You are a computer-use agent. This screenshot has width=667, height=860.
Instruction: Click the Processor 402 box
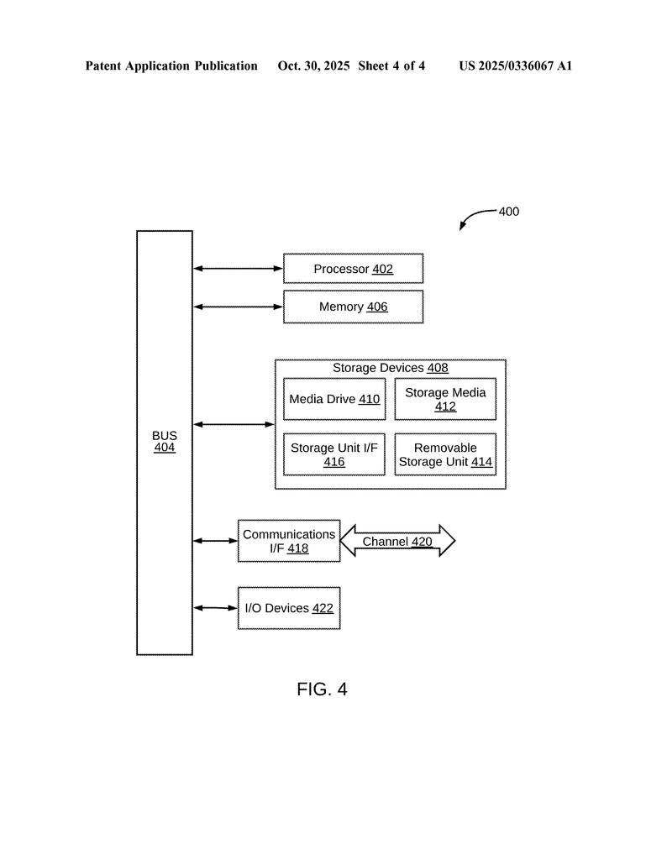(x=353, y=269)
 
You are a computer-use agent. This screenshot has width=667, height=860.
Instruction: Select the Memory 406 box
(x=353, y=307)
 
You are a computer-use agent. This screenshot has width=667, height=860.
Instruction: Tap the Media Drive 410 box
(x=334, y=400)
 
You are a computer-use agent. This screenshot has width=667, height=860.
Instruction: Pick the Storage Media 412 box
(x=445, y=400)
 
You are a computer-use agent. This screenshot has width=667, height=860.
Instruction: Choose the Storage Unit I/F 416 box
(x=334, y=454)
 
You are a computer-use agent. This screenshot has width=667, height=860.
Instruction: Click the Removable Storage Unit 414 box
(x=445, y=454)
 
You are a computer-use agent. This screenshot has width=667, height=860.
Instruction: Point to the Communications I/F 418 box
(x=289, y=541)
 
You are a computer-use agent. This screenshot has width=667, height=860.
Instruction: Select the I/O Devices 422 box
(x=289, y=608)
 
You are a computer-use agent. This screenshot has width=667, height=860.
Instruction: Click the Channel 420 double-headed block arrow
(x=397, y=542)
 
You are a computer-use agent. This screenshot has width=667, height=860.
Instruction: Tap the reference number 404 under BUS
(x=165, y=448)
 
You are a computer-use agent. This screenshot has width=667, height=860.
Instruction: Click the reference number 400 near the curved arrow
(x=509, y=212)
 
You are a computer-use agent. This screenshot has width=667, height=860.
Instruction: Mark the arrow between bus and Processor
(x=238, y=269)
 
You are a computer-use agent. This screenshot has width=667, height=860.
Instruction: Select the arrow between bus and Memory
(x=238, y=307)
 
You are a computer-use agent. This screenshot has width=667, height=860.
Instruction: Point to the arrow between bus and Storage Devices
(x=234, y=425)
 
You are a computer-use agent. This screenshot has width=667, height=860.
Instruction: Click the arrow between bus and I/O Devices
(x=215, y=608)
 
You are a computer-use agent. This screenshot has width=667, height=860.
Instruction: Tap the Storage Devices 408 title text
(x=391, y=368)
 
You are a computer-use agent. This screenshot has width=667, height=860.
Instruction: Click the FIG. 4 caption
(x=322, y=690)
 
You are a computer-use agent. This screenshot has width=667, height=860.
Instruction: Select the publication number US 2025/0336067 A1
(x=515, y=66)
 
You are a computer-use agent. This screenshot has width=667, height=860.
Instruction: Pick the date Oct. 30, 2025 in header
(x=313, y=66)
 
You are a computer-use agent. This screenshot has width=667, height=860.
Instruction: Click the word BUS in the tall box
(x=165, y=436)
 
